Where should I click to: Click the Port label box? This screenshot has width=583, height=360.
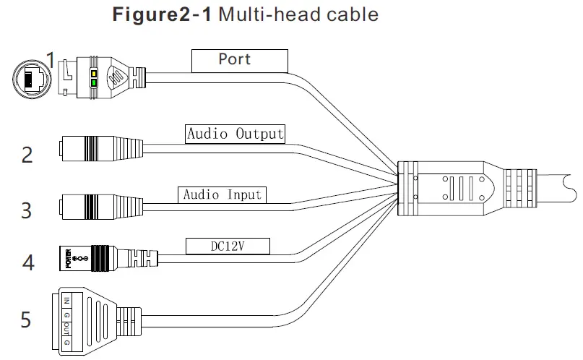239,60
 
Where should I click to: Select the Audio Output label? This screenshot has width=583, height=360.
236,134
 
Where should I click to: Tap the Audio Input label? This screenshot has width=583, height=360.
222,194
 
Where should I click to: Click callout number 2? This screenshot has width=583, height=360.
27,155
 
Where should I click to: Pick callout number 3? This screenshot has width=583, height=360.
27,210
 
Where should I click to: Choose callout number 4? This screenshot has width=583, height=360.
28,262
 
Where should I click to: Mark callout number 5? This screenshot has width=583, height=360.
26,319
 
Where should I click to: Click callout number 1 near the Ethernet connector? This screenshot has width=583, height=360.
50,58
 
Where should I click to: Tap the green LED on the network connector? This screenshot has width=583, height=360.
93,84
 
